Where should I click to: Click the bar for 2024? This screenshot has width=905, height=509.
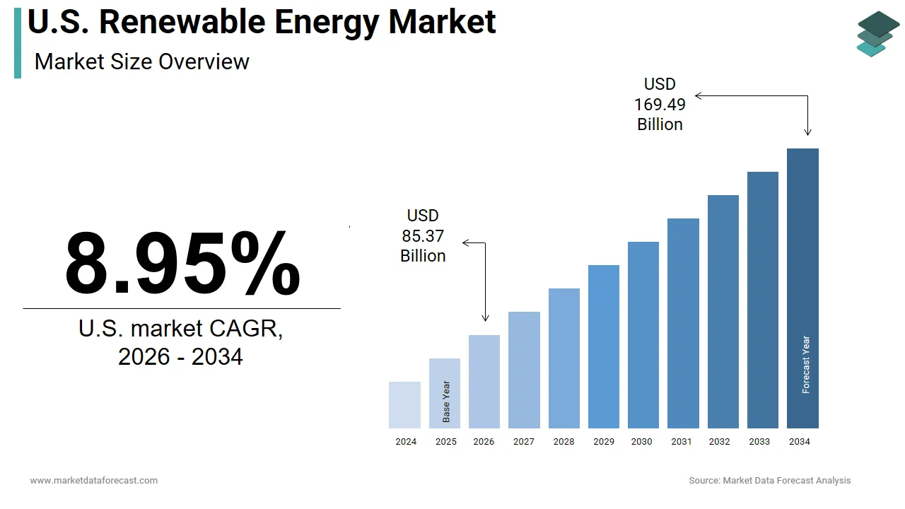click(404, 405)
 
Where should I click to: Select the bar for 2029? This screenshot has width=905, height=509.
click(603, 346)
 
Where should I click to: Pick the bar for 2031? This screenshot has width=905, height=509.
click(683, 323)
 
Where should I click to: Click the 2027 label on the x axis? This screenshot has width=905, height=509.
click(524, 442)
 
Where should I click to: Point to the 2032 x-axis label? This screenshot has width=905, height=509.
click(719, 442)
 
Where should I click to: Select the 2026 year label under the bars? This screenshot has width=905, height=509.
click(484, 442)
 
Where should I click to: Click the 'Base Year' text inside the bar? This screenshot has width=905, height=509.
click(446, 402)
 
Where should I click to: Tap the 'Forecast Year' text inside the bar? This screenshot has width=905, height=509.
click(806, 364)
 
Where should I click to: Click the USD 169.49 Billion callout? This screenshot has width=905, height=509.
click(660, 105)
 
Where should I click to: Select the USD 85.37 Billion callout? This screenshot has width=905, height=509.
click(423, 235)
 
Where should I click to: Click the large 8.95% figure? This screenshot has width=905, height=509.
click(182, 263)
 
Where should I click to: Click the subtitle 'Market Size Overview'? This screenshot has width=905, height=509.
click(141, 62)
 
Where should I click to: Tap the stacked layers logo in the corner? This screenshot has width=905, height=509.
click(877, 33)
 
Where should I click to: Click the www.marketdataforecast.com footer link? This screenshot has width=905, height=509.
click(94, 481)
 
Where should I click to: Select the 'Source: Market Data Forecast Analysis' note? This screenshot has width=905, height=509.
click(769, 481)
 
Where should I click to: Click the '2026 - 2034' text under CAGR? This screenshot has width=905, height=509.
click(180, 356)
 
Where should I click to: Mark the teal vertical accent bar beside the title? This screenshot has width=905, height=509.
click(18, 44)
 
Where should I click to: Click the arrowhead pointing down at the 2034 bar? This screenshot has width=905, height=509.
click(807, 131)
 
